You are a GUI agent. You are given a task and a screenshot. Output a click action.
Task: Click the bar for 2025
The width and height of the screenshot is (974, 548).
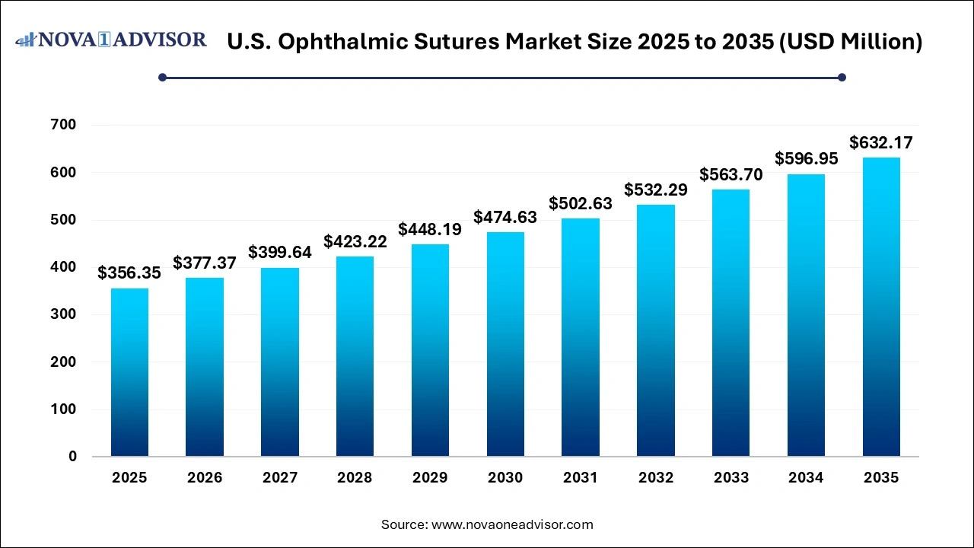click(129, 372)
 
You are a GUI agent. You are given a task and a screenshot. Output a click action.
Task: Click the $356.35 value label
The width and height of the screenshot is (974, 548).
click(129, 273)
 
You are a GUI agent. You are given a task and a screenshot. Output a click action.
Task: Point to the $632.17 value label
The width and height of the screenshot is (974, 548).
click(881, 142)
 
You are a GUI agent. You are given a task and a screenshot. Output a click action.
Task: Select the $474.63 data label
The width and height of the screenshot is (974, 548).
click(505, 217)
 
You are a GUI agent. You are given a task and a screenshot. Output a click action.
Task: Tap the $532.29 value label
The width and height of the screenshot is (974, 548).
click(656, 190)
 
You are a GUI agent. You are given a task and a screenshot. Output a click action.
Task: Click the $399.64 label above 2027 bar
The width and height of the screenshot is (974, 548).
click(280, 253)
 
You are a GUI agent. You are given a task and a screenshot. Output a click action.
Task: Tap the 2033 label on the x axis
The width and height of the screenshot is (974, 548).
click(730, 478)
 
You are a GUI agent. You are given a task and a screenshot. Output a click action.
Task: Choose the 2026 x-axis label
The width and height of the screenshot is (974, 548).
click(205, 478)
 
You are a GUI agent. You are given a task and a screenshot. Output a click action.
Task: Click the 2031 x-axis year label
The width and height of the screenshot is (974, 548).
click(581, 478)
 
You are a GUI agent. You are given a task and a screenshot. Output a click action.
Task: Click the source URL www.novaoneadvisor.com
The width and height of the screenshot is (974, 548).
click(512, 524)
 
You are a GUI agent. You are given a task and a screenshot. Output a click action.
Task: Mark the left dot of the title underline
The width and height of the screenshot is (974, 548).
click(162, 77)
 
